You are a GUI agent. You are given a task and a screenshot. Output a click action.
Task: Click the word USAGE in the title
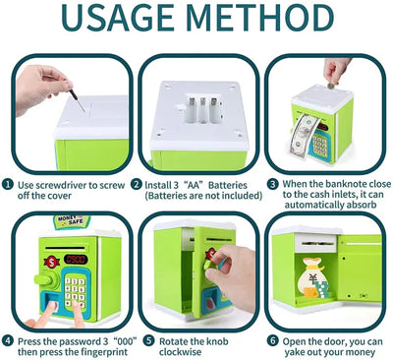pos(117,18)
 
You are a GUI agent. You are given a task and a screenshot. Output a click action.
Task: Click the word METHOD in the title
pos(261,18)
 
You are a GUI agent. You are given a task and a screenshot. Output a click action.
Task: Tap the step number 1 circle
pos(8,184)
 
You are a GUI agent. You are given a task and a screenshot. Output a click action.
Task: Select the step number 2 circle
pos(137,184)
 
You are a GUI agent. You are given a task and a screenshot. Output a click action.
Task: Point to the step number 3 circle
pos(272,184)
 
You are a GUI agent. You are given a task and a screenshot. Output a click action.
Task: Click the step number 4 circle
pos(8,340)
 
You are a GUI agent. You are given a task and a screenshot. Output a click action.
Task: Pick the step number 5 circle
pos(148,340)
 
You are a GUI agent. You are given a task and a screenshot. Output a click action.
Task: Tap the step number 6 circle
pos(272,340)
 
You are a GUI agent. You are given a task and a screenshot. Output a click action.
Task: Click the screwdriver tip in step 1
pos(84,112)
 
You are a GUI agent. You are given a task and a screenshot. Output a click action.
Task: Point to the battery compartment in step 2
pos(201,108)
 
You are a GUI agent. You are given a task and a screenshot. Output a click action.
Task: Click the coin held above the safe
pos(331,86)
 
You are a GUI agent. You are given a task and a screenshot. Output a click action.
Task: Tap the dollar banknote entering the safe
pos(304,135)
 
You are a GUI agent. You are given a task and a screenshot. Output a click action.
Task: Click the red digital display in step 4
pos(76,260)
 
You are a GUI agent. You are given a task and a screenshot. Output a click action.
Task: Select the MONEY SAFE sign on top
pos(72,221)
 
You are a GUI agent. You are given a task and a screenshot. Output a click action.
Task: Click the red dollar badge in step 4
pos(52,262)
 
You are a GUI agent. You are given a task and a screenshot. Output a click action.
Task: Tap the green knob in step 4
pos(46,279)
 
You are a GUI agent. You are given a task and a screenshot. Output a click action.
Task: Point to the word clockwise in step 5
pos(180,352)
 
